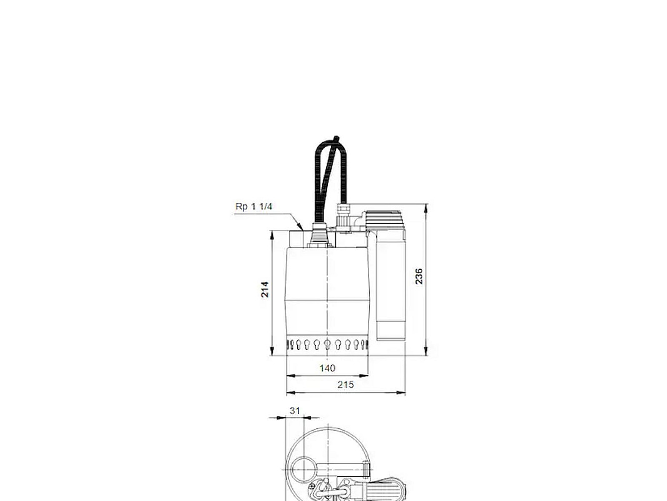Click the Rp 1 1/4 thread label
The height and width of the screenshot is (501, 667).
click(x=253, y=207)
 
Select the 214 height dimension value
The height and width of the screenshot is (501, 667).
click(x=265, y=289)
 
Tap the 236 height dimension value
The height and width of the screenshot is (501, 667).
click(x=419, y=276)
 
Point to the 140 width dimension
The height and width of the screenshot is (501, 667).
click(x=327, y=368)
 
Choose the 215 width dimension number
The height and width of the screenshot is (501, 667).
click(x=345, y=385)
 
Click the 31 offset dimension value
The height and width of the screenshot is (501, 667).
click(x=295, y=411)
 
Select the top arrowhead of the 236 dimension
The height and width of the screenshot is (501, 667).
click(x=426, y=208)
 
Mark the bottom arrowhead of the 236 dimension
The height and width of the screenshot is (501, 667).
click(x=426, y=351)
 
